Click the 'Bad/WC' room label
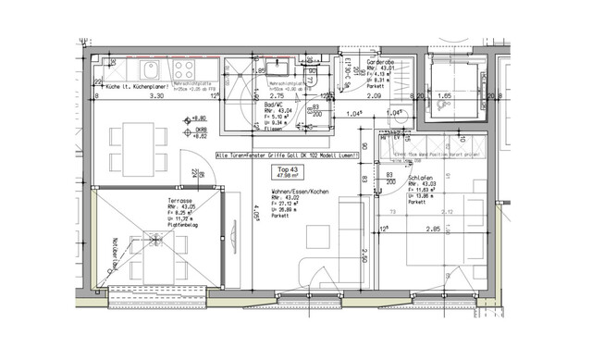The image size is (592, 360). tap(268, 104)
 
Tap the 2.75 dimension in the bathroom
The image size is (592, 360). tap(275, 95)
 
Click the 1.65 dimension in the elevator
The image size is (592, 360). tap(443, 95)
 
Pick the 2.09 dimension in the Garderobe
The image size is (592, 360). tap(374, 95)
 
